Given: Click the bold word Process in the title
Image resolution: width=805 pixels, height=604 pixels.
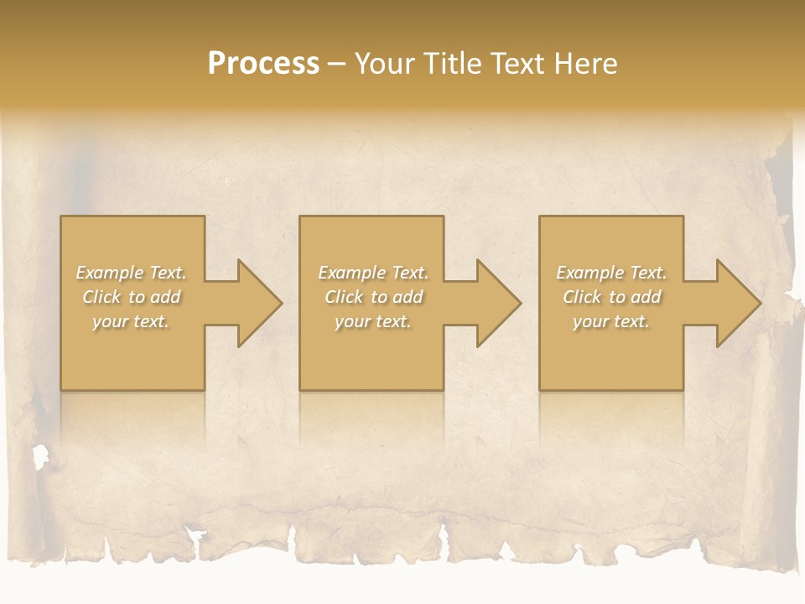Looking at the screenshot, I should coord(263,64).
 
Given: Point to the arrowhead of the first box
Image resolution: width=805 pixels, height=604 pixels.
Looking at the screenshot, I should coord(260,303).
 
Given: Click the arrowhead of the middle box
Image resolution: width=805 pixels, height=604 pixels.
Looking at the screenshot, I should coord(499,303).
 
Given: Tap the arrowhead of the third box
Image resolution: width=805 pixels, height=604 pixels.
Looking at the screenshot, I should coord(739,303).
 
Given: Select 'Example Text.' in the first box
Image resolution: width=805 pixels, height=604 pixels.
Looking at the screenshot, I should coord(131,273).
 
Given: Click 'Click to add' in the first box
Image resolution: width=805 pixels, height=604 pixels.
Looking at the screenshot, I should coord(131,297).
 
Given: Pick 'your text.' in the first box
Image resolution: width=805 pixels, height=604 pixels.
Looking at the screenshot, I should coord(131,321).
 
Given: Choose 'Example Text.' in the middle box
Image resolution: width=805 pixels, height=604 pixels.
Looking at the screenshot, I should coord(372,273).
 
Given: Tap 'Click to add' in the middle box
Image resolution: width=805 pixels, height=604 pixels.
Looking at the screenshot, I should coord(372,297).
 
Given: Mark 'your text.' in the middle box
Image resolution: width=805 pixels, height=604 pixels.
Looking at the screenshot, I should coord(372,321).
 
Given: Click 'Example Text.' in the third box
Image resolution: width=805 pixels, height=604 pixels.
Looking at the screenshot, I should coord(611,273).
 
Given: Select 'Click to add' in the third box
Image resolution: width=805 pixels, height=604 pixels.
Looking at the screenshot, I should coord(611,297).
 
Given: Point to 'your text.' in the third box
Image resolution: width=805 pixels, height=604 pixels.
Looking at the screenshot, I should coord(611,321).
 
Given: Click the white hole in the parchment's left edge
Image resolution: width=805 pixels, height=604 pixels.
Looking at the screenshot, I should coord(39,457).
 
